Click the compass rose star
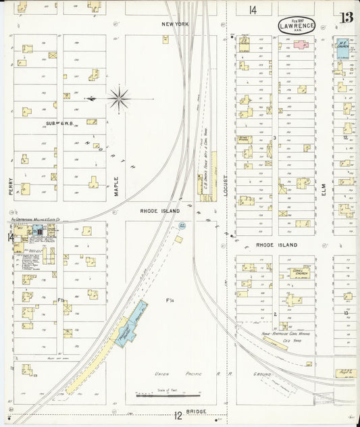pyautogui.click(x=119, y=99)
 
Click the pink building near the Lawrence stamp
pyautogui.click(x=300, y=45)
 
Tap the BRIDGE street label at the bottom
pyautogui.click(x=193, y=412)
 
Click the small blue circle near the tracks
pyautogui.click(x=180, y=239)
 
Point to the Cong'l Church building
pyautogui.click(x=299, y=272)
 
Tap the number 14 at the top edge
pyautogui.click(x=253, y=9)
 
